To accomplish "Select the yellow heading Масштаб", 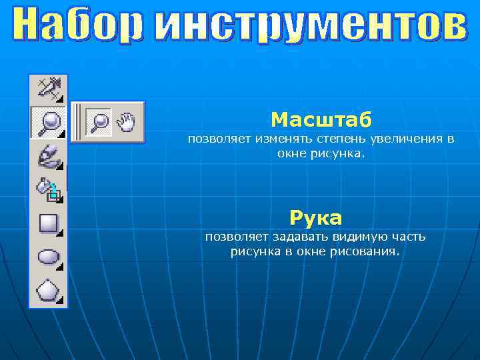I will click(x=321, y=120).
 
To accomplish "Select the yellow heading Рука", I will click(x=315, y=218).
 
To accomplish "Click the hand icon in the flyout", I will click(x=126, y=121).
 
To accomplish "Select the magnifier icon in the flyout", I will click(x=100, y=121).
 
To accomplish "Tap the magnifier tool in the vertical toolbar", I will click(x=48, y=121).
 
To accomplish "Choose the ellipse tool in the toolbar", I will click(x=48, y=257).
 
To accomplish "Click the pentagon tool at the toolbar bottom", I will click(x=48, y=291).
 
